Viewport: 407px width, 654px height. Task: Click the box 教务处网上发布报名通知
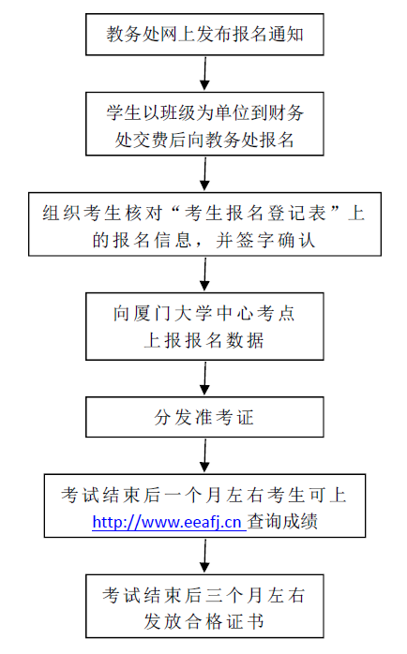[204, 35]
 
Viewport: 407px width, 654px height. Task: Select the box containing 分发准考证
[204, 417]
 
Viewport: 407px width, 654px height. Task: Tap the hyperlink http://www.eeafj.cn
[169, 522]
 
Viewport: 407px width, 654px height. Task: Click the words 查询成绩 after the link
[282, 522]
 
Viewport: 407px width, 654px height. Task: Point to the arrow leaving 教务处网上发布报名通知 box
[204, 73]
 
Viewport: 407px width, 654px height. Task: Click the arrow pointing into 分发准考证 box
[204, 378]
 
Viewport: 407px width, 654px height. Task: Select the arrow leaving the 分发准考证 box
[204, 455]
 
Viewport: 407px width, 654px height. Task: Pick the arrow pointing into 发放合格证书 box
[204, 556]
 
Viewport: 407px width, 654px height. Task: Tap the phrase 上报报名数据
[204, 340]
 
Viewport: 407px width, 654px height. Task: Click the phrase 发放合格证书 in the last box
[204, 621]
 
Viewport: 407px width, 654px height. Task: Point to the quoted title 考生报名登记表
[255, 214]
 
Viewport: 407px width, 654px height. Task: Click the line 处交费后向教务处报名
[204, 140]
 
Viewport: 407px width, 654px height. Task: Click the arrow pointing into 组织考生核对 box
[204, 174]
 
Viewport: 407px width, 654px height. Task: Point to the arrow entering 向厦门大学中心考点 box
[204, 274]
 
